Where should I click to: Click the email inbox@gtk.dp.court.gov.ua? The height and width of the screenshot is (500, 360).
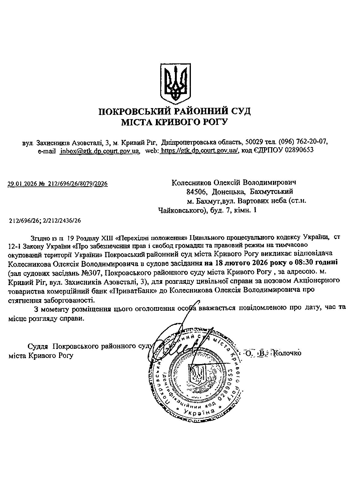(x=100, y=151)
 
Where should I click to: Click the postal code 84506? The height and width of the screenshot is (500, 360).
(x=195, y=192)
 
